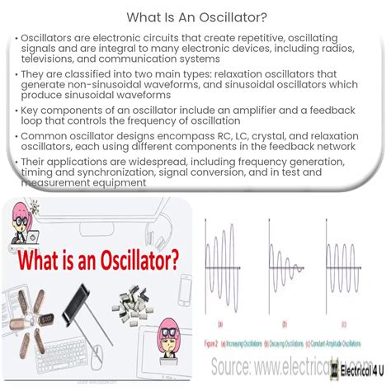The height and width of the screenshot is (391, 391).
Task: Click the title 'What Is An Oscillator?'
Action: click(x=195, y=16)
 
